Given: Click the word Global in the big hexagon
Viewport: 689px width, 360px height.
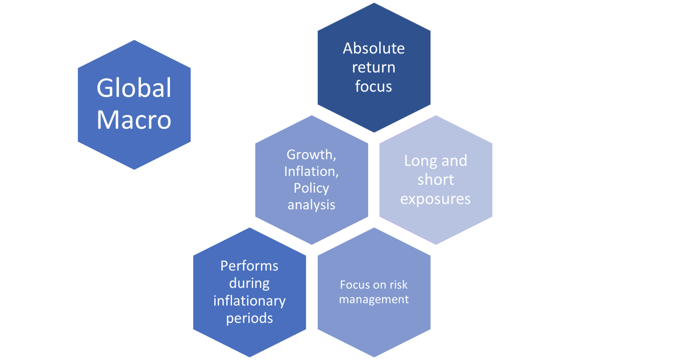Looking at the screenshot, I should pos(134,88).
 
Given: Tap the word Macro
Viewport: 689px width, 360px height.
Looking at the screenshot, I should pos(134,120).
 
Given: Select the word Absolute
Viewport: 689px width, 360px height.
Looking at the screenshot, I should pos(373,48).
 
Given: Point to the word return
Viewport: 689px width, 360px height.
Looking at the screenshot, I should pos(373,68).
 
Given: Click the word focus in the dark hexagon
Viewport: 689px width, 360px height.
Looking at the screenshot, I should pos(373,86).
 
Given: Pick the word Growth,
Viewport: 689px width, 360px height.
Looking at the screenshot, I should pos(311,155).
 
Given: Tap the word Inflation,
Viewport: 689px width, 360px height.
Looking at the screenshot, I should pos(311,172).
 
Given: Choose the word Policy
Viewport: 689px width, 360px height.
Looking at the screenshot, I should pos(311,188).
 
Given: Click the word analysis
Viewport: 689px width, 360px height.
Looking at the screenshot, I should pos(311,205).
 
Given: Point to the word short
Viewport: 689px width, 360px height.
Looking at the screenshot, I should pos(436,180).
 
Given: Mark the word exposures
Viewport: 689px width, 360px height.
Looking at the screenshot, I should pos(435,199).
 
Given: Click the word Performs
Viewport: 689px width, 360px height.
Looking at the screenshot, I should pos(249,266).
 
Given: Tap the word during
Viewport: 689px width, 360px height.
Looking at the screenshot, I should pos(249,284).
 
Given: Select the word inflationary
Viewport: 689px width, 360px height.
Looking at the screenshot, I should pos(249,301).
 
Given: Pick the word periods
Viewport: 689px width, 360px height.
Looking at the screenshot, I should pos(249,318).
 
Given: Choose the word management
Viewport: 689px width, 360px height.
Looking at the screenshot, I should pos(374,299).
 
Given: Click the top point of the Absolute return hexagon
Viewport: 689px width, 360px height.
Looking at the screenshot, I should pos(374,1).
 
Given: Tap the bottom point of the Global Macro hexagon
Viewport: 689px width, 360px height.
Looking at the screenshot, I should pos(134,171).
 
